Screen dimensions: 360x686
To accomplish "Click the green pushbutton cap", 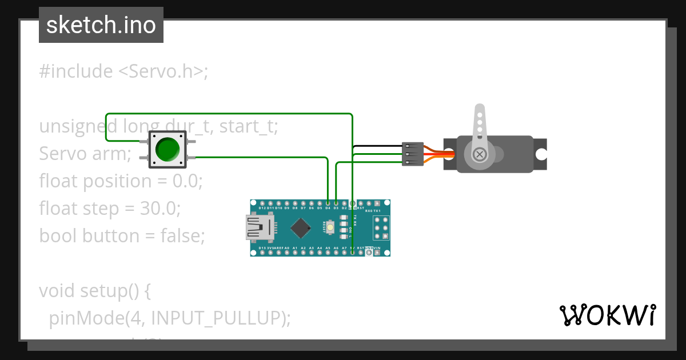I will pos(167,149).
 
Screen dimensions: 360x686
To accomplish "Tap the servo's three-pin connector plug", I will pos(413,154).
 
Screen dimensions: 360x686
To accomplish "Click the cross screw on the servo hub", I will pos(480,153).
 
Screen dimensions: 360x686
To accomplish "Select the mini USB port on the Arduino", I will pos(258,227).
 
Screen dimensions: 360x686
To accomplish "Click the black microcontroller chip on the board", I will pos(301,228).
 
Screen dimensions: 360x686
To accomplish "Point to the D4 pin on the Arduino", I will pos(328,203).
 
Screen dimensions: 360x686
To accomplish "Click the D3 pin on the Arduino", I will pos(336,203).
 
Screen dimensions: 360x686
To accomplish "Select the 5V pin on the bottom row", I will pos(352,252).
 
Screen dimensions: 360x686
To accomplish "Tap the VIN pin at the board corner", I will pos(377,252).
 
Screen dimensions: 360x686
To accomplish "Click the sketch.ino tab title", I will pos(101,25).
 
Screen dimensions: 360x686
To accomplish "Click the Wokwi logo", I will pos(607,315).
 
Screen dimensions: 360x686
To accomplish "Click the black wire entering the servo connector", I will pos(377,146).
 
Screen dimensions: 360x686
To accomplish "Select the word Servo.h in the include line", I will pos(162,71).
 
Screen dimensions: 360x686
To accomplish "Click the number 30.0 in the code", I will pos(160,209).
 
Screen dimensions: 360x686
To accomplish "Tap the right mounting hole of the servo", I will pos(540,154).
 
